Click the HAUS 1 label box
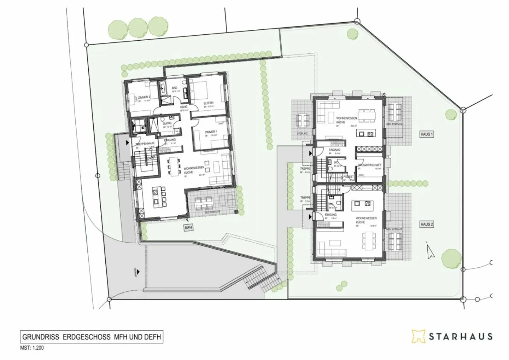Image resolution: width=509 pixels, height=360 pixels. pos(427,134)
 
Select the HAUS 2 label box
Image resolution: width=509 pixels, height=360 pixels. pos(427,224)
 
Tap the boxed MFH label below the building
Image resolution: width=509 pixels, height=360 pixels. pos(188,228)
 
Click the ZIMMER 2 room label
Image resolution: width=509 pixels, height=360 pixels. pos(144,97)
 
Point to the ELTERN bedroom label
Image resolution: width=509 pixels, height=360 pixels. pos(208,103)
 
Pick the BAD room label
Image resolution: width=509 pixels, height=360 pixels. pos(175,88)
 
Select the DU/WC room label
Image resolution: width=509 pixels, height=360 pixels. pos(167,124)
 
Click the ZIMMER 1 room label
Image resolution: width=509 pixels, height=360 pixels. pos(211,132)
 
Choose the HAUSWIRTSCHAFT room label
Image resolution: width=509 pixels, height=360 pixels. pos(369,165)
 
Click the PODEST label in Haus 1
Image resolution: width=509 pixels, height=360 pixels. pos(348,177)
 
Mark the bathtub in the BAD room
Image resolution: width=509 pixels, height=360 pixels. pos(164,88)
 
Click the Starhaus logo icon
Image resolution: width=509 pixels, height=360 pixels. pos(418,336)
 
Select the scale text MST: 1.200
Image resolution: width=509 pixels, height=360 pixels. pos(32,348)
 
